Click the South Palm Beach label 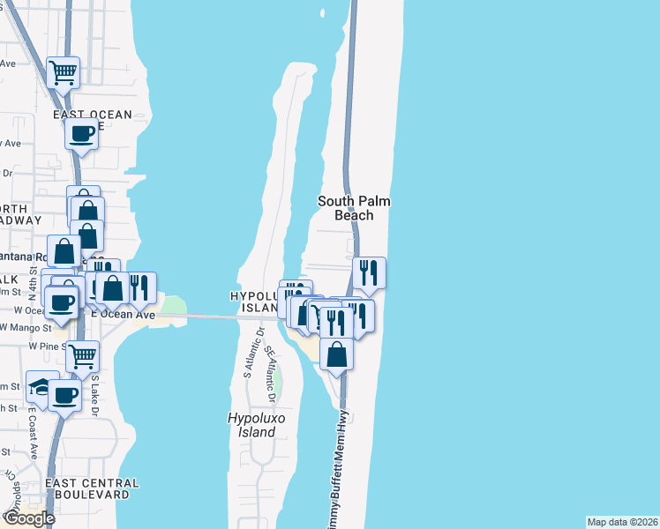tap(354, 208)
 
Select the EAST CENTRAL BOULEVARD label tap(92, 488)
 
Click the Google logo tap(28, 518)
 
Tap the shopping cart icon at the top tap(64, 72)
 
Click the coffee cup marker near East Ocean tap(82, 134)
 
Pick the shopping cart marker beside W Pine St tap(82, 355)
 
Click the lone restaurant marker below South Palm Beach tap(368, 272)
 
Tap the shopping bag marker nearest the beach tap(337, 354)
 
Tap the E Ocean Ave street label tap(124, 315)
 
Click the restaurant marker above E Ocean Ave tap(139, 287)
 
